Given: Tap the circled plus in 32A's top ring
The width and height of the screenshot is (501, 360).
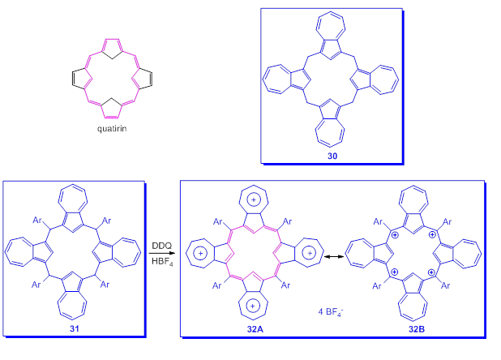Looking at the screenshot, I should click(254, 199).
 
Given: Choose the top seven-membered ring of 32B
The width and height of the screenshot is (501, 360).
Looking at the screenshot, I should click(413, 200).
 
